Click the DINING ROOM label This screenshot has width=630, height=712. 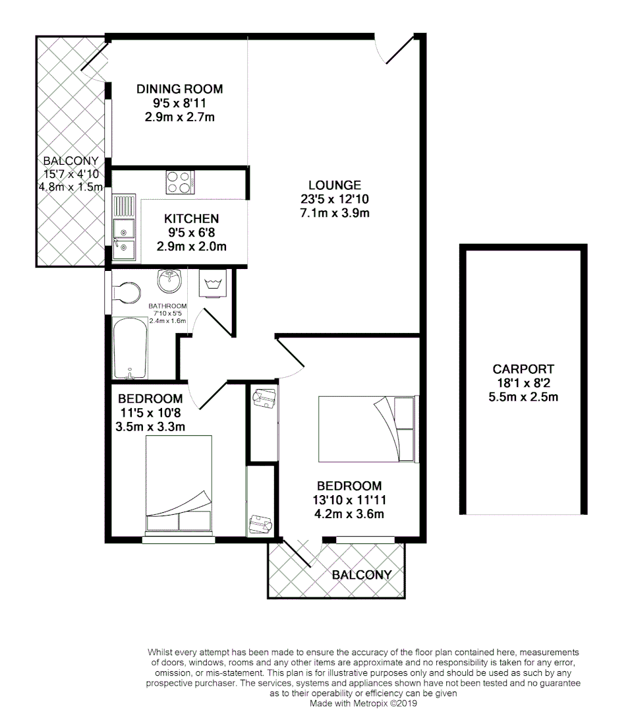pos(179,89)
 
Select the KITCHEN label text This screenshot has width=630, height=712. pos(191,219)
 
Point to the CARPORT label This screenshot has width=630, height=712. pos(523,369)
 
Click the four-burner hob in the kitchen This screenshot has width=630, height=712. pos(179,181)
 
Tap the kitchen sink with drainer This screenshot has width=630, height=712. pos(123,227)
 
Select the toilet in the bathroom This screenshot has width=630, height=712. pos(126,292)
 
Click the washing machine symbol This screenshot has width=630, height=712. pos(212,284)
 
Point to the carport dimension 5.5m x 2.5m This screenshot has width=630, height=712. pos(523,397)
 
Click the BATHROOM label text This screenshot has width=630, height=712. pos(167,306)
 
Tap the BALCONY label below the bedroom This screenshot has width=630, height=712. pos(362,575)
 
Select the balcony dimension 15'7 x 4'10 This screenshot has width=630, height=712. pos(71,174)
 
